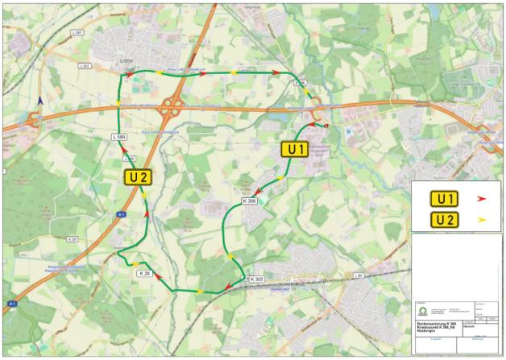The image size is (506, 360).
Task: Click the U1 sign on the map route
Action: coord(294,149)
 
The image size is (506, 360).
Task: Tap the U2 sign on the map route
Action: coord(136,177)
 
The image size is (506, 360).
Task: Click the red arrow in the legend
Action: coord(481,197)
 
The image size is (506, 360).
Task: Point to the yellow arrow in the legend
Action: coord(481,219)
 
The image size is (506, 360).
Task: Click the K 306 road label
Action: coord(247,201)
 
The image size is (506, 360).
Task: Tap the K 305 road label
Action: coord(257,279)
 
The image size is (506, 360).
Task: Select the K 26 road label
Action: coord(144,274)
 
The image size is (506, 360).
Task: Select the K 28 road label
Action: coord(72,239)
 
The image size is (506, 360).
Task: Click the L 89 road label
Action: coord(359,275)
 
